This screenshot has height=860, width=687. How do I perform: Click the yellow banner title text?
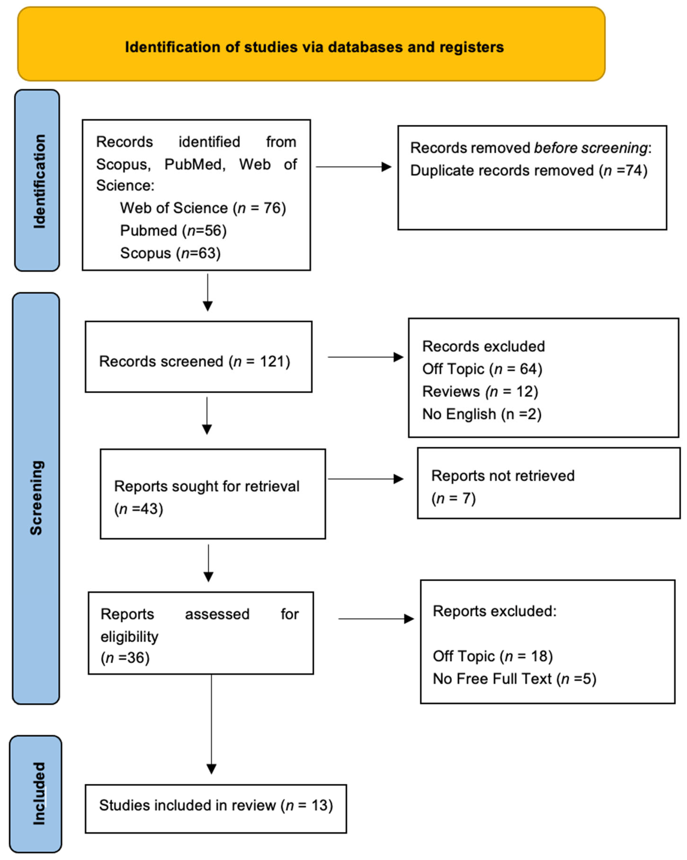click(x=314, y=47)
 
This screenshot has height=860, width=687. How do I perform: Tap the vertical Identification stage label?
click(x=39, y=182)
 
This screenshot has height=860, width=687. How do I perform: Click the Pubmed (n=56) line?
click(x=173, y=231)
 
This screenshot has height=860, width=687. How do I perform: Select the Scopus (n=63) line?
click(x=170, y=253)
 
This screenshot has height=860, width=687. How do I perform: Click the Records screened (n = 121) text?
click(x=194, y=361)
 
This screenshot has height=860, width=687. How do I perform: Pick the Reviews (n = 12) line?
click(x=480, y=391)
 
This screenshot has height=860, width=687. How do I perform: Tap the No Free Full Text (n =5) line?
click(x=514, y=678)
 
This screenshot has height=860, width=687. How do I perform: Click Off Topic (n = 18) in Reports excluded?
click(x=493, y=656)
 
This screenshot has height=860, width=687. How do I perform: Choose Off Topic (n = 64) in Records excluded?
click(x=482, y=369)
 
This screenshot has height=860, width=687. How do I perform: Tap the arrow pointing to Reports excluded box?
click(x=376, y=619)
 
